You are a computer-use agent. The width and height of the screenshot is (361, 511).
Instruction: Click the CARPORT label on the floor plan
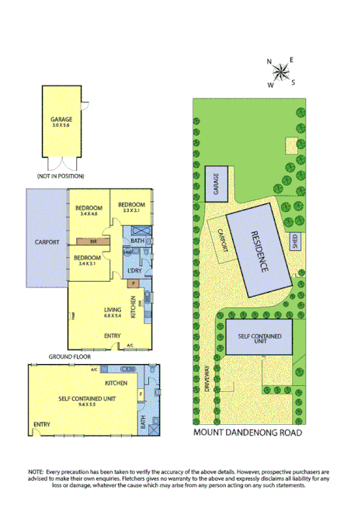tap(47, 242)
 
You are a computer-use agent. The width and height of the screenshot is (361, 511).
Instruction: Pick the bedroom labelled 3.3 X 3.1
tap(131, 207)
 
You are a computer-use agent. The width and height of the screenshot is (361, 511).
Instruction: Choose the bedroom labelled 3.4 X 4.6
tap(89, 210)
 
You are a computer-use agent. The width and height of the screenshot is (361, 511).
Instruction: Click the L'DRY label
tap(134, 269)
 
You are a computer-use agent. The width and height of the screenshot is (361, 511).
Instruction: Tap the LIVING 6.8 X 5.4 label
tap(113, 312)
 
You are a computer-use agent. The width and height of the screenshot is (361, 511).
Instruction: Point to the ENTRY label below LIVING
tap(113, 335)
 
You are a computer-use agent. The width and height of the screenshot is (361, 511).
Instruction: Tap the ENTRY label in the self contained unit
tap(42, 424)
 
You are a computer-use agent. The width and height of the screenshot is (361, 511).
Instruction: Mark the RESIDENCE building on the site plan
tap(260, 251)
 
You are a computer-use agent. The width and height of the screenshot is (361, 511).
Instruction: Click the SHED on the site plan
tap(295, 242)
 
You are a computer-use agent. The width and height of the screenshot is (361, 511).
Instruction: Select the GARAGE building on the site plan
tap(217, 183)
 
